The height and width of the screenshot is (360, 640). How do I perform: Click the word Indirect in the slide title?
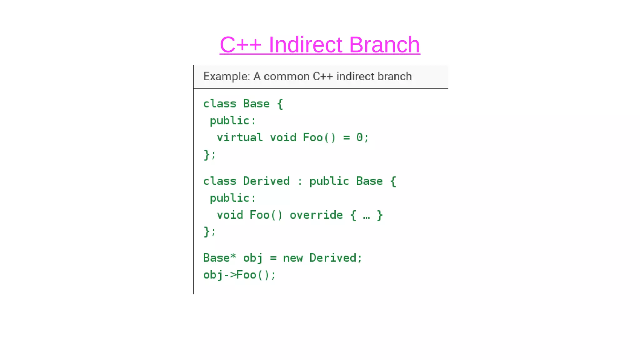[x=305, y=45]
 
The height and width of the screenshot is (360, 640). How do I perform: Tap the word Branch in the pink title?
[x=384, y=45]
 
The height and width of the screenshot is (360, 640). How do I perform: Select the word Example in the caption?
[x=226, y=77]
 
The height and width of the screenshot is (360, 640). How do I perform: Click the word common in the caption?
[x=286, y=77]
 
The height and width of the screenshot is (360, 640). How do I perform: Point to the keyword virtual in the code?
[x=240, y=137]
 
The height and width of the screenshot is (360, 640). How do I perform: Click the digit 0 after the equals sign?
[x=359, y=137]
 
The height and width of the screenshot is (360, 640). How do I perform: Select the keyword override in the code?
[x=316, y=215]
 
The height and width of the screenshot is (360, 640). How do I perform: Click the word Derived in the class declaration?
[x=266, y=181]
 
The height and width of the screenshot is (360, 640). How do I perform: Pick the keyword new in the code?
[x=293, y=258]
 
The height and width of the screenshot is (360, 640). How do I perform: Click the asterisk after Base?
[x=233, y=257]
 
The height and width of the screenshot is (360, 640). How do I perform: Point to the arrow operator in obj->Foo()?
[x=230, y=275]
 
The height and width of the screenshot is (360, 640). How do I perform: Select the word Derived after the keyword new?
[x=333, y=258]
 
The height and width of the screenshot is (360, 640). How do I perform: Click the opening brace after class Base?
[x=280, y=104]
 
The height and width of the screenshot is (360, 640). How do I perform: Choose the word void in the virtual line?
[x=283, y=137]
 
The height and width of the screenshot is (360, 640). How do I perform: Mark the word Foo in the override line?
[x=259, y=215]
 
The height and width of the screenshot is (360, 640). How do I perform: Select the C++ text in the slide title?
[x=240, y=45]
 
